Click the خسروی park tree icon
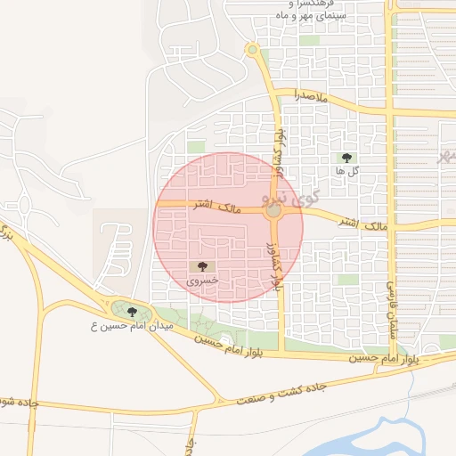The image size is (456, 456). click(202, 266)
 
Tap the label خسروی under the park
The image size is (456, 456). click(202, 281)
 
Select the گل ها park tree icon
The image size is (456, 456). click(346, 157)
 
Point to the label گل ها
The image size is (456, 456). click(347, 170)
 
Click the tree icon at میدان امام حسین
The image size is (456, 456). click(132, 312)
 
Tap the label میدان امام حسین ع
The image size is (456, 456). click(128, 327)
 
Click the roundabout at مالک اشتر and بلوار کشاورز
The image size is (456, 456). click(273, 211)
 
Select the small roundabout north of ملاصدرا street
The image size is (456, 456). click(252, 49)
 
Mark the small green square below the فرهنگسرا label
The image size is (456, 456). click(309, 40)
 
